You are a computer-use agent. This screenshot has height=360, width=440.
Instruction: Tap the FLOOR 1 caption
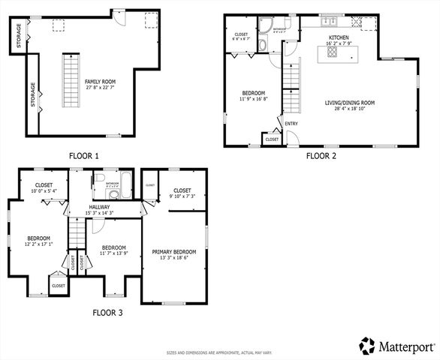[84, 156]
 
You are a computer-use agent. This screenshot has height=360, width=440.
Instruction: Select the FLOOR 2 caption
[321, 156]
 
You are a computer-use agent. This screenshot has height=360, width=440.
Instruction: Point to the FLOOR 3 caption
[108, 313]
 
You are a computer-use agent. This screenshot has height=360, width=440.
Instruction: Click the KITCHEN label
[339, 37]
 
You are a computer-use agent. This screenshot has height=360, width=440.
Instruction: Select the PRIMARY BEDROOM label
[174, 252]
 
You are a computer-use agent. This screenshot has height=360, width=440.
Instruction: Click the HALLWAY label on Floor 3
[99, 207]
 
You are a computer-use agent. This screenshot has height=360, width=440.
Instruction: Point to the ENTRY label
[291, 124]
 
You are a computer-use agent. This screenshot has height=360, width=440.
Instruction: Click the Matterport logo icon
[366, 346]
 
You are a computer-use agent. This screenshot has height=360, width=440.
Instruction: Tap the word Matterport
[407, 346]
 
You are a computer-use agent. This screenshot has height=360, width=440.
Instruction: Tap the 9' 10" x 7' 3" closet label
[182, 196]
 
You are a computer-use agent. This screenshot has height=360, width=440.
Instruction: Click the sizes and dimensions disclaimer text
[220, 351]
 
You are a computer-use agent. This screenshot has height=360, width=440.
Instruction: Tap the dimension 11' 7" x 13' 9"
[114, 253]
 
